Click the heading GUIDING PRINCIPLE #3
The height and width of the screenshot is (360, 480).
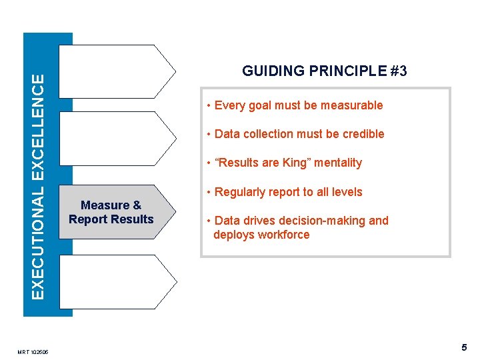(324, 71)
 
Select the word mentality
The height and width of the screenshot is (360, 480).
(338, 163)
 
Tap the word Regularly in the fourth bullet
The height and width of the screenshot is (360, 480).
(238, 192)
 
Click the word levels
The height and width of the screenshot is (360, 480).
(347, 192)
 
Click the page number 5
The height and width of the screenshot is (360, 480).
(464, 347)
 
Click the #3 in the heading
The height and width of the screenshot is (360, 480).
(397, 71)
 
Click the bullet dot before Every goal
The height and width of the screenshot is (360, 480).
(209, 105)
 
